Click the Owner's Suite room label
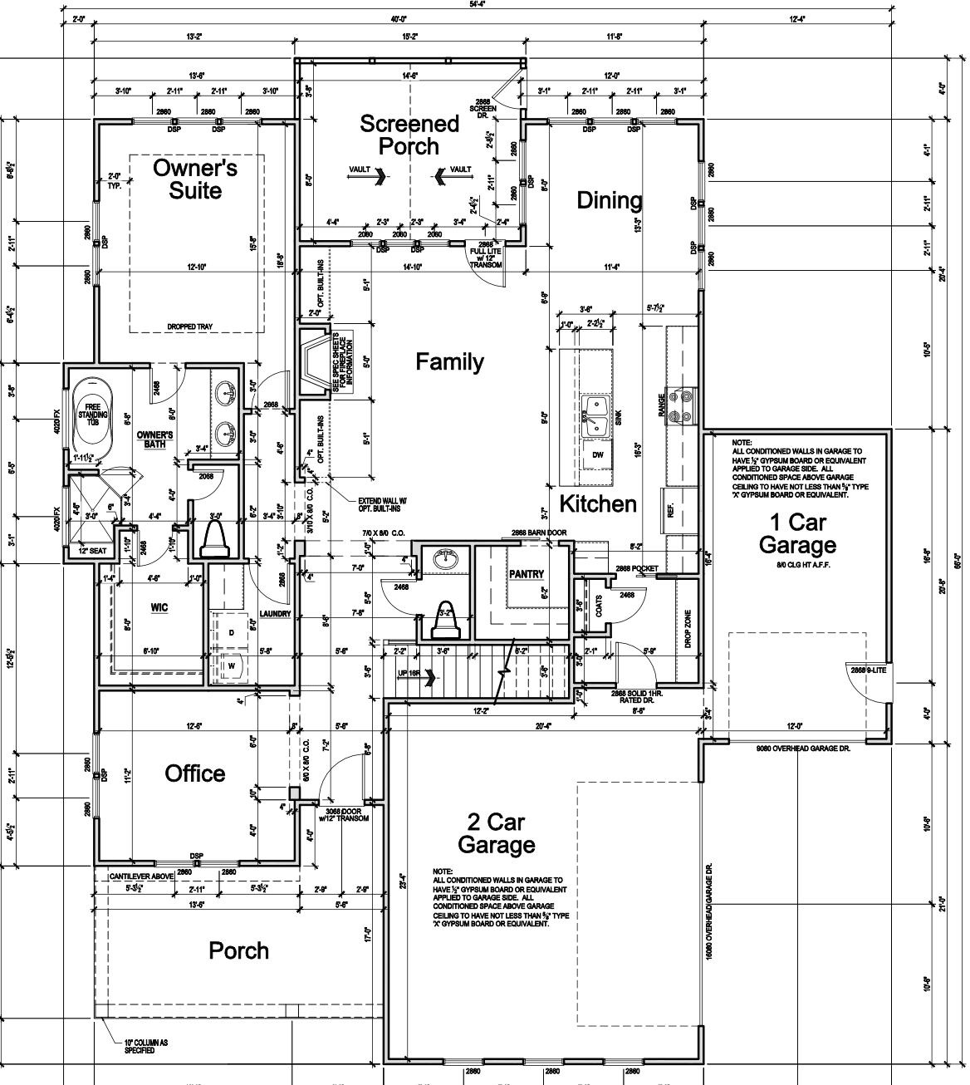(x=195, y=179)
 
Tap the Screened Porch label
(x=409, y=135)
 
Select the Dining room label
(x=610, y=200)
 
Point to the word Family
(x=449, y=362)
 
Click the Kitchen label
(x=597, y=503)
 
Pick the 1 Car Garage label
(x=797, y=534)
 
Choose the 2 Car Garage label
(x=496, y=834)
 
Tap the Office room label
(x=195, y=773)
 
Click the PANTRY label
(x=527, y=574)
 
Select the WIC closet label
(x=159, y=607)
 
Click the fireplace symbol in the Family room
(x=314, y=361)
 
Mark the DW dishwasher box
(x=597, y=454)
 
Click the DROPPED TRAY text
(x=189, y=327)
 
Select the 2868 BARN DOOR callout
(x=538, y=533)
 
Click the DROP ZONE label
(x=687, y=629)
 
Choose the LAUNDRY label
(x=275, y=614)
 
